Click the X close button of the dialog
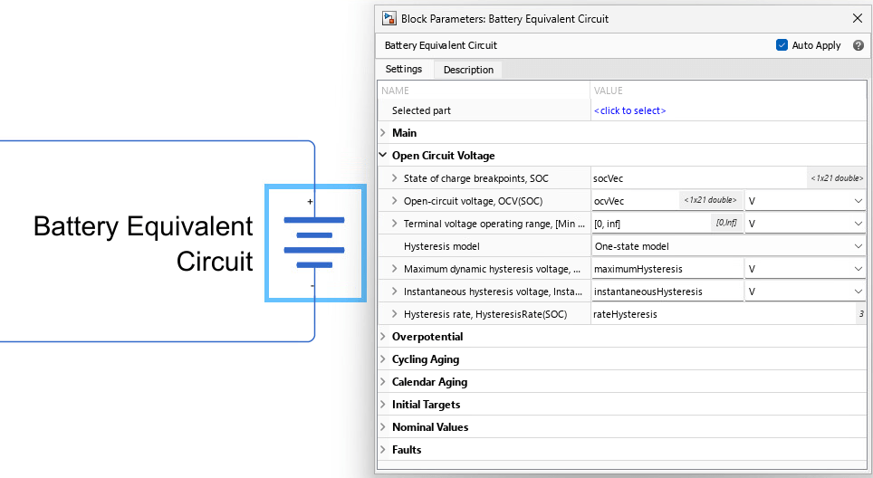pyautogui.click(x=858, y=18)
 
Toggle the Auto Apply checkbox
pyautogui.click(x=782, y=45)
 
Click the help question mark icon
pyautogui.click(x=858, y=45)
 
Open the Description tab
pyautogui.click(x=468, y=70)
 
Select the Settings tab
pyautogui.click(x=404, y=69)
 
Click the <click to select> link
pyautogui.click(x=629, y=110)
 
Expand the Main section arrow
pyautogui.click(x=383, y=133)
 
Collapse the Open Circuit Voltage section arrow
pyautogui.click(x=383, y=155)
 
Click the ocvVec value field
pyautogui.click(x=635, y=201)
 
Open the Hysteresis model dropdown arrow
pyautogui.click(x=858, y=246)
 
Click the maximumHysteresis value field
pyautogui.click(x=667, y=269)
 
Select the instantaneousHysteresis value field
pyautogui.click(x=667, y=292)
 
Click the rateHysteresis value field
pyautogui.click(x=723, y=314)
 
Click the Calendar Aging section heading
pyautogui.click(x=429, y=382)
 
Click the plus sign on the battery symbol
pyautogui.click(x=310, y=202)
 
